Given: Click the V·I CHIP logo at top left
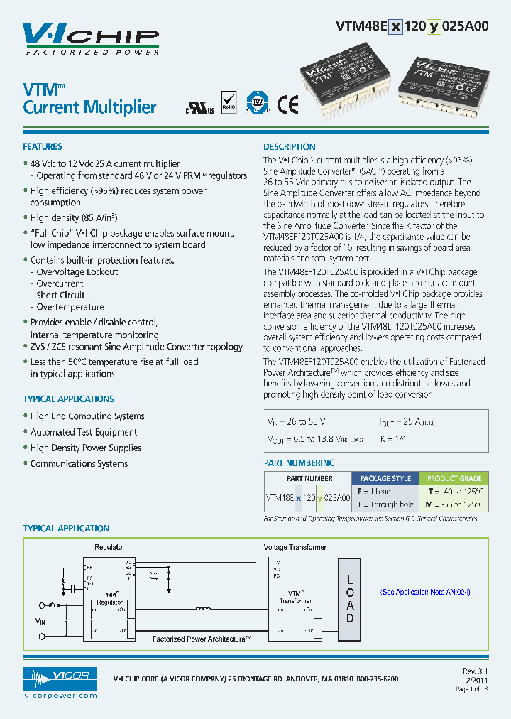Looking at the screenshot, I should pyautogui.click(x=90, y=38).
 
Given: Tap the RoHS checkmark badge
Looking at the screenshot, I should pyautogui.click(x=229, y=103).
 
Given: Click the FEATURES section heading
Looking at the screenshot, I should pyautogui.click(x=43, y=146).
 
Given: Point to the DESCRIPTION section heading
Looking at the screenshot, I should pyautogui.click(x=290, y=146).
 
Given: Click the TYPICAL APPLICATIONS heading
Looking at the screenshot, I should pyautogui.click(x=68, y=399).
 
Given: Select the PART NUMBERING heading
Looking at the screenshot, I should pyautogui.click(x=299, y=463).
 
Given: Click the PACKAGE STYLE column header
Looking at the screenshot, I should pyautogui.click(x=385, y=478).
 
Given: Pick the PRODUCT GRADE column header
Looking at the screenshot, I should pyautogui.click(x=454, y=478).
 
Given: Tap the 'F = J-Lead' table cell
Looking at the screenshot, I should pyautogui.click(x=374, y=491).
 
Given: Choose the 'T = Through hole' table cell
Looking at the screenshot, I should pyautogui.click(x=385, y=504).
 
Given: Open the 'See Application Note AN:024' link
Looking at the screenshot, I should pyautogui.click(x=425, y=592).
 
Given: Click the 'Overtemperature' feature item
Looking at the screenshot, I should pyautogui.click(x=70, y=307).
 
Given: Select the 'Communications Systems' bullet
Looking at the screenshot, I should pyautogui.click(x=79, y=463).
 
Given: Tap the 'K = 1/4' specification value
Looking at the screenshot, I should pyautogui.click(x=392, y=439).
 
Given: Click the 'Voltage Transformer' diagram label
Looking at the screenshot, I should pyautogui.click(x=295, y=547).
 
